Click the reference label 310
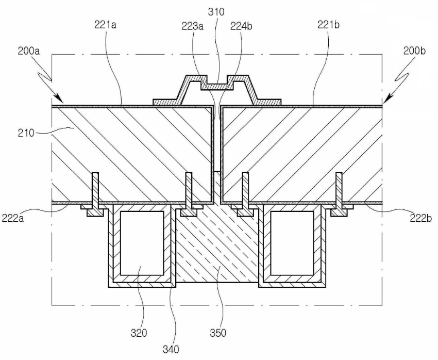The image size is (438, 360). pos(216,12)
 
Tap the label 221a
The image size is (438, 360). pos(105,25)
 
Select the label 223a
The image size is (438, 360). pos(193,26)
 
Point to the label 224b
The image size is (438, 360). pos(241,26)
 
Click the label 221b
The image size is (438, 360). pos(329,25)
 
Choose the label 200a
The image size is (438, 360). pos(29,51)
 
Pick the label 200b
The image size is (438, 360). pos(414,51)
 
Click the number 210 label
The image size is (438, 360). pos(26,133)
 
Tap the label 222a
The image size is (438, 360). pos(13,218)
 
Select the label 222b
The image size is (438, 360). pos(421,218)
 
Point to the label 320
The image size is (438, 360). pos(139,333)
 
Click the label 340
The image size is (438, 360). pos(171,350)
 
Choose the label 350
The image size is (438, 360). pos(218,333)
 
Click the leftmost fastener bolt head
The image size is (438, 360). pos(95,213)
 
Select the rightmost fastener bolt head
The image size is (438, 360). pos(339,213)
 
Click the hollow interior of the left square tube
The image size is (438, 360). pos(142,243)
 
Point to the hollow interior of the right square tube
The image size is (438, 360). pos(293,243)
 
